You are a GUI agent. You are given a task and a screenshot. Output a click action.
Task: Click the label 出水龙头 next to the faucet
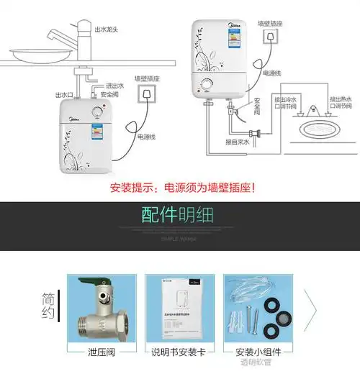point(108,29)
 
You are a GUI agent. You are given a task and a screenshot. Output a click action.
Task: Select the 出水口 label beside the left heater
point(63,94)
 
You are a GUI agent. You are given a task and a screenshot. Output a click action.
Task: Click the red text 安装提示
point(134,188)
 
